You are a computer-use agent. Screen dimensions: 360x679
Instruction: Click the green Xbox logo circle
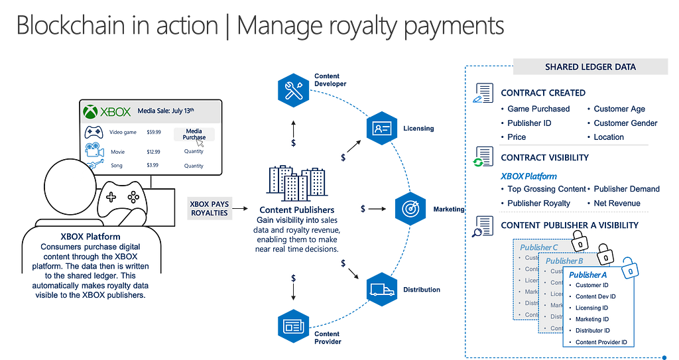91,112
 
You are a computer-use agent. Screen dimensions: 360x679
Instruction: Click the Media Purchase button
194,135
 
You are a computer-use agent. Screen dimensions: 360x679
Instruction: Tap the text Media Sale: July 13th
167,111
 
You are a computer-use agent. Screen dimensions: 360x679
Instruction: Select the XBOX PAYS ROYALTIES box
208,208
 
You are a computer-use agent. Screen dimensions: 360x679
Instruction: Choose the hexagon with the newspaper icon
294,326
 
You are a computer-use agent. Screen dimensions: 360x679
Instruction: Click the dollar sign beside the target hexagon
363,208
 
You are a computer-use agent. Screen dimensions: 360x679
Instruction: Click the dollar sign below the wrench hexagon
294,142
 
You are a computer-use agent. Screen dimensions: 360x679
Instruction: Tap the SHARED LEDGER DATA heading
590,67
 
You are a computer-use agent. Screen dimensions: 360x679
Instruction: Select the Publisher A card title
587,274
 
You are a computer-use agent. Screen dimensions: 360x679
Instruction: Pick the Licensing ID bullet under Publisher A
591,308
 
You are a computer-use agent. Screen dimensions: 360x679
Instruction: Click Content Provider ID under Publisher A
601,342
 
